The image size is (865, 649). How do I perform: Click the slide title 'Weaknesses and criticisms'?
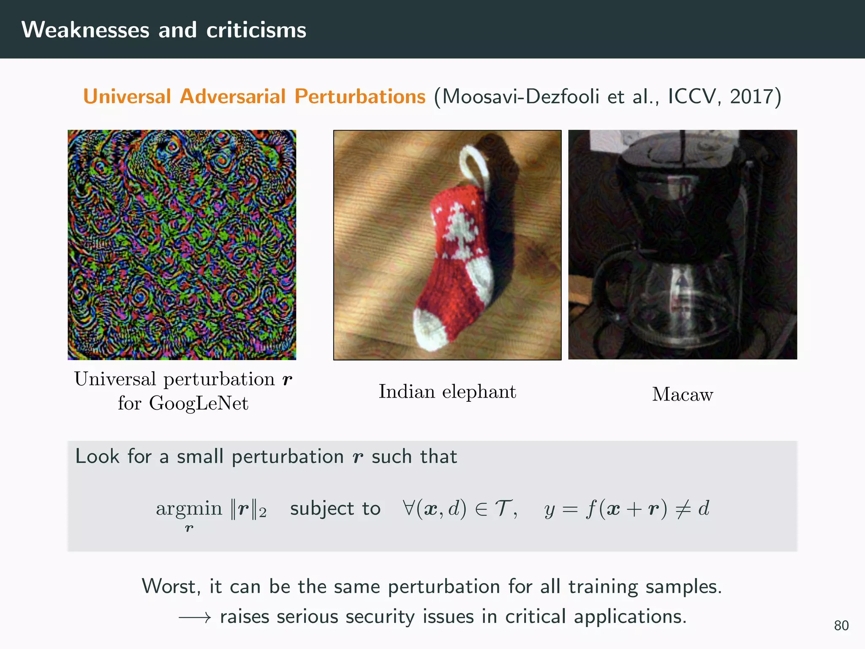(164, 30)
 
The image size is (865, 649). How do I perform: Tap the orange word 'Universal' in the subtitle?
(127, 96)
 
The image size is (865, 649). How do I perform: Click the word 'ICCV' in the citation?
(693, 96)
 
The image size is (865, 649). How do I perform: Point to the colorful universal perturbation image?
(182, 245)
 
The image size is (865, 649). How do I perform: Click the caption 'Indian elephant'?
(447, 391)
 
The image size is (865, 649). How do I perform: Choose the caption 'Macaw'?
(683, 394)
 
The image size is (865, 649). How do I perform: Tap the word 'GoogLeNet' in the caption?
(199, 403)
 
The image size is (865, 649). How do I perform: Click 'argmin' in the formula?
(189, 508)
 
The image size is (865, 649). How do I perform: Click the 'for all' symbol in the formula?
(409, 507)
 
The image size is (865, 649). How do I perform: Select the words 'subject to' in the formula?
(335, 508)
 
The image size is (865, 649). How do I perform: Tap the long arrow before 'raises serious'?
(194, 618)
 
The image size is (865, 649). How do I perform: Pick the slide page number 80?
(841, 625)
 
